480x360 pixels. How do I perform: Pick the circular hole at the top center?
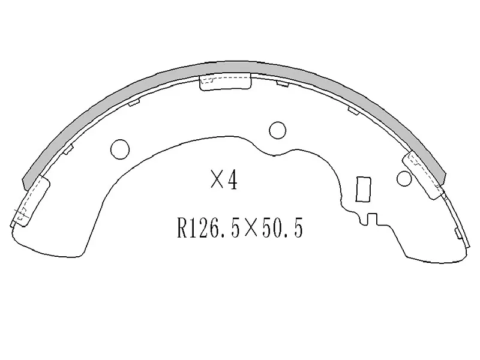coord(277,129)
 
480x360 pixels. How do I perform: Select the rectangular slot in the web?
coord(362,189)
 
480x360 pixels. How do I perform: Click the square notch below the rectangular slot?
coord(371,220)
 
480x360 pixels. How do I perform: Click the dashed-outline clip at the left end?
coord(29,198)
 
